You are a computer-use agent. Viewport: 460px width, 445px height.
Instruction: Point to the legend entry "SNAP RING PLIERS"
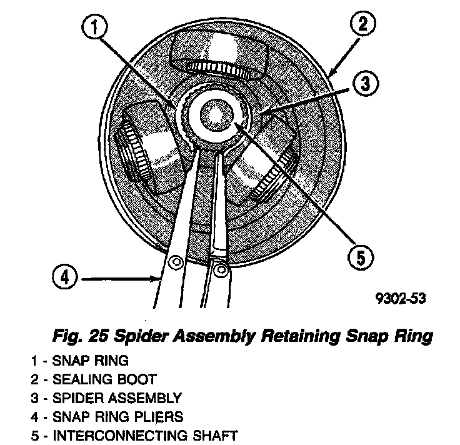pos(119,417)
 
